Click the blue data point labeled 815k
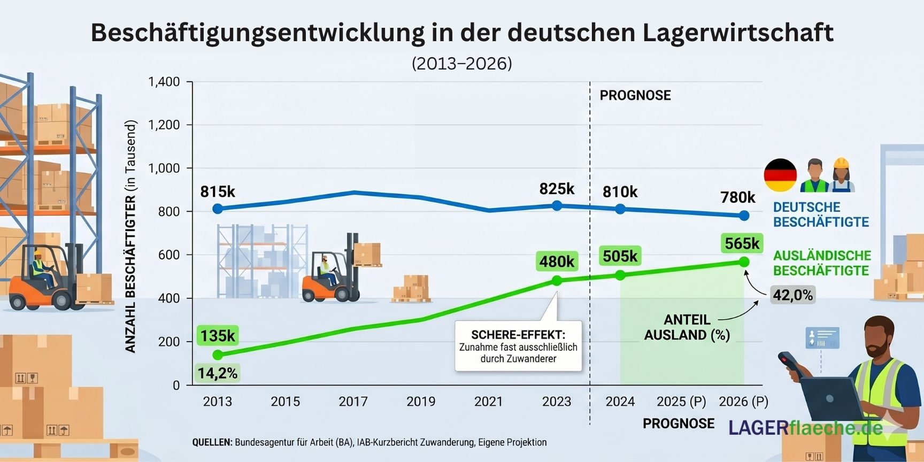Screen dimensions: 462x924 point(218,209)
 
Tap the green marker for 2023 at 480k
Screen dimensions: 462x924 point(557,281)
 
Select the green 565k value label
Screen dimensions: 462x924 point(742,244)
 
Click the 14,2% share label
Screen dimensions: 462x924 point(217,373)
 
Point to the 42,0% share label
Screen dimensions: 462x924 point(792,295)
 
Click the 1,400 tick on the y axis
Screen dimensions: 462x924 point(164,82)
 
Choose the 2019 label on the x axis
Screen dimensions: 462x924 point(421,402)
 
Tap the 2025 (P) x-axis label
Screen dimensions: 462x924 point(681,402)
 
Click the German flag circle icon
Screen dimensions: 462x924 point(780,175)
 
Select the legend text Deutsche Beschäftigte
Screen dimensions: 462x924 point(821,214)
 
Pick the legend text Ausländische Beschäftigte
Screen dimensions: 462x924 point(822,263)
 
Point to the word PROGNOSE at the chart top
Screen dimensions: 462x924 point(635,95)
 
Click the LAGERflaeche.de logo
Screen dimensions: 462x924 point(805,427)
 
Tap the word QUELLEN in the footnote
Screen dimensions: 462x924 point(212,442)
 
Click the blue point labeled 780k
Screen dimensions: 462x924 point(744,215)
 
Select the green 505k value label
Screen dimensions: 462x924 point(620,256)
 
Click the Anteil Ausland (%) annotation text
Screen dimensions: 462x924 point(687,327)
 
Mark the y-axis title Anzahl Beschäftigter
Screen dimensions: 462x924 point(130,236)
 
